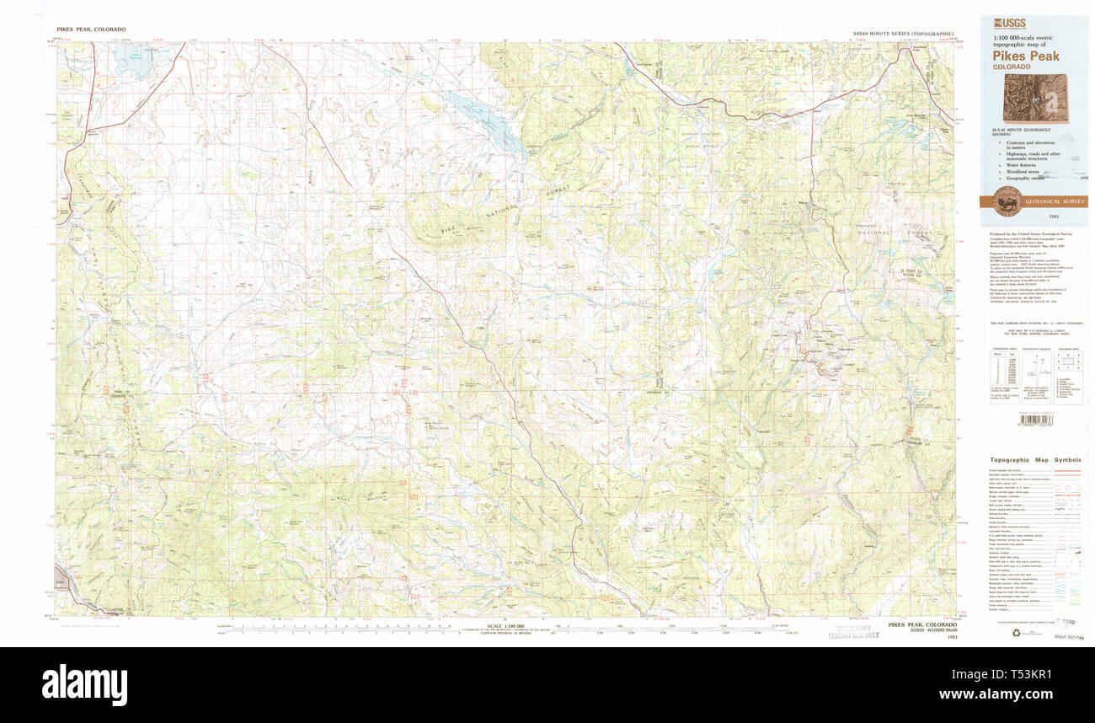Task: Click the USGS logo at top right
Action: (1006, 24)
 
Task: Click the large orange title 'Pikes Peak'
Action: (1026, 55)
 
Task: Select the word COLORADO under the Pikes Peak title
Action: (1011, 67)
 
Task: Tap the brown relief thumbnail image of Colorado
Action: (1034, 98)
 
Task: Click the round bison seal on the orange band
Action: (1009, 201)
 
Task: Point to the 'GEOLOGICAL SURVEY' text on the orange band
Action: (1054, 202)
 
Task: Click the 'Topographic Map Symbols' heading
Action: (1035, 460)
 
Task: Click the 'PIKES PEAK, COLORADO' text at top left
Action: (91, 29)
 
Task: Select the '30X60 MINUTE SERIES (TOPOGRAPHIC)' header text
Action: (902, 34)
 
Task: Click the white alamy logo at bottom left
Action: (84, 683)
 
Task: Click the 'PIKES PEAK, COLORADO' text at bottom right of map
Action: (921, 625)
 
